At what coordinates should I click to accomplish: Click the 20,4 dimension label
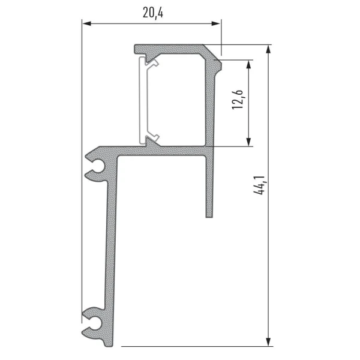tap(153, 13)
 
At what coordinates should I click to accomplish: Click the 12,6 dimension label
tap(238, 100)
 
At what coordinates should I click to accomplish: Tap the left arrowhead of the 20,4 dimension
tap(86, 23)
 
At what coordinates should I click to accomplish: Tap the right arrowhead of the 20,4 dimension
tap(216, 23)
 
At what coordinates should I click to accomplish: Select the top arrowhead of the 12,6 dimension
tap(248, 64)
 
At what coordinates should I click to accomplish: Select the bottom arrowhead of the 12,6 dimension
tap(248, 142)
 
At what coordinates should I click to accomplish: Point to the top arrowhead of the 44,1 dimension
tap(268, 49)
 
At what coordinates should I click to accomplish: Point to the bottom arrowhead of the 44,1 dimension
tap(268, 341)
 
